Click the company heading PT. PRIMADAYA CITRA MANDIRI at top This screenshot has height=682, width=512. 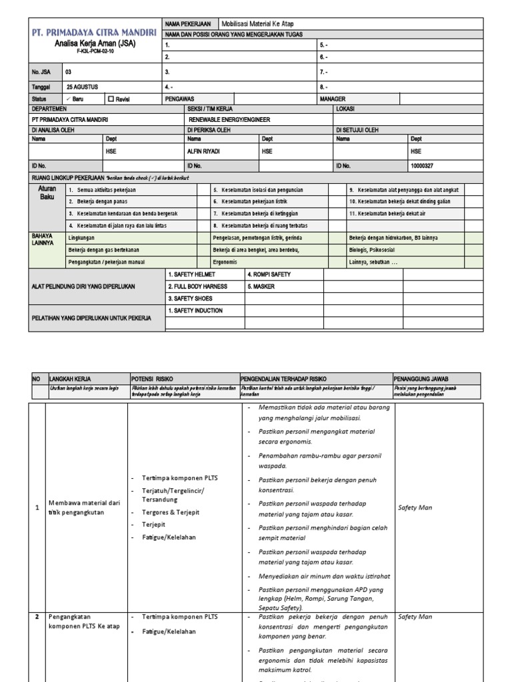coord(93,33)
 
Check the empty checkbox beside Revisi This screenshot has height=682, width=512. coord(111,99)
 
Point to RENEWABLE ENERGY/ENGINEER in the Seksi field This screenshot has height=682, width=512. coord(229,120)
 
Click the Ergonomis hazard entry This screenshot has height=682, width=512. coord(225,262)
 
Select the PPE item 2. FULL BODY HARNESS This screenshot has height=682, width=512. coord(198,286)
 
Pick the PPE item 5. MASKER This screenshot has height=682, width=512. coord(261,286)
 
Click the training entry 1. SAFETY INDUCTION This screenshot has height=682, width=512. coord(195,310)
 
